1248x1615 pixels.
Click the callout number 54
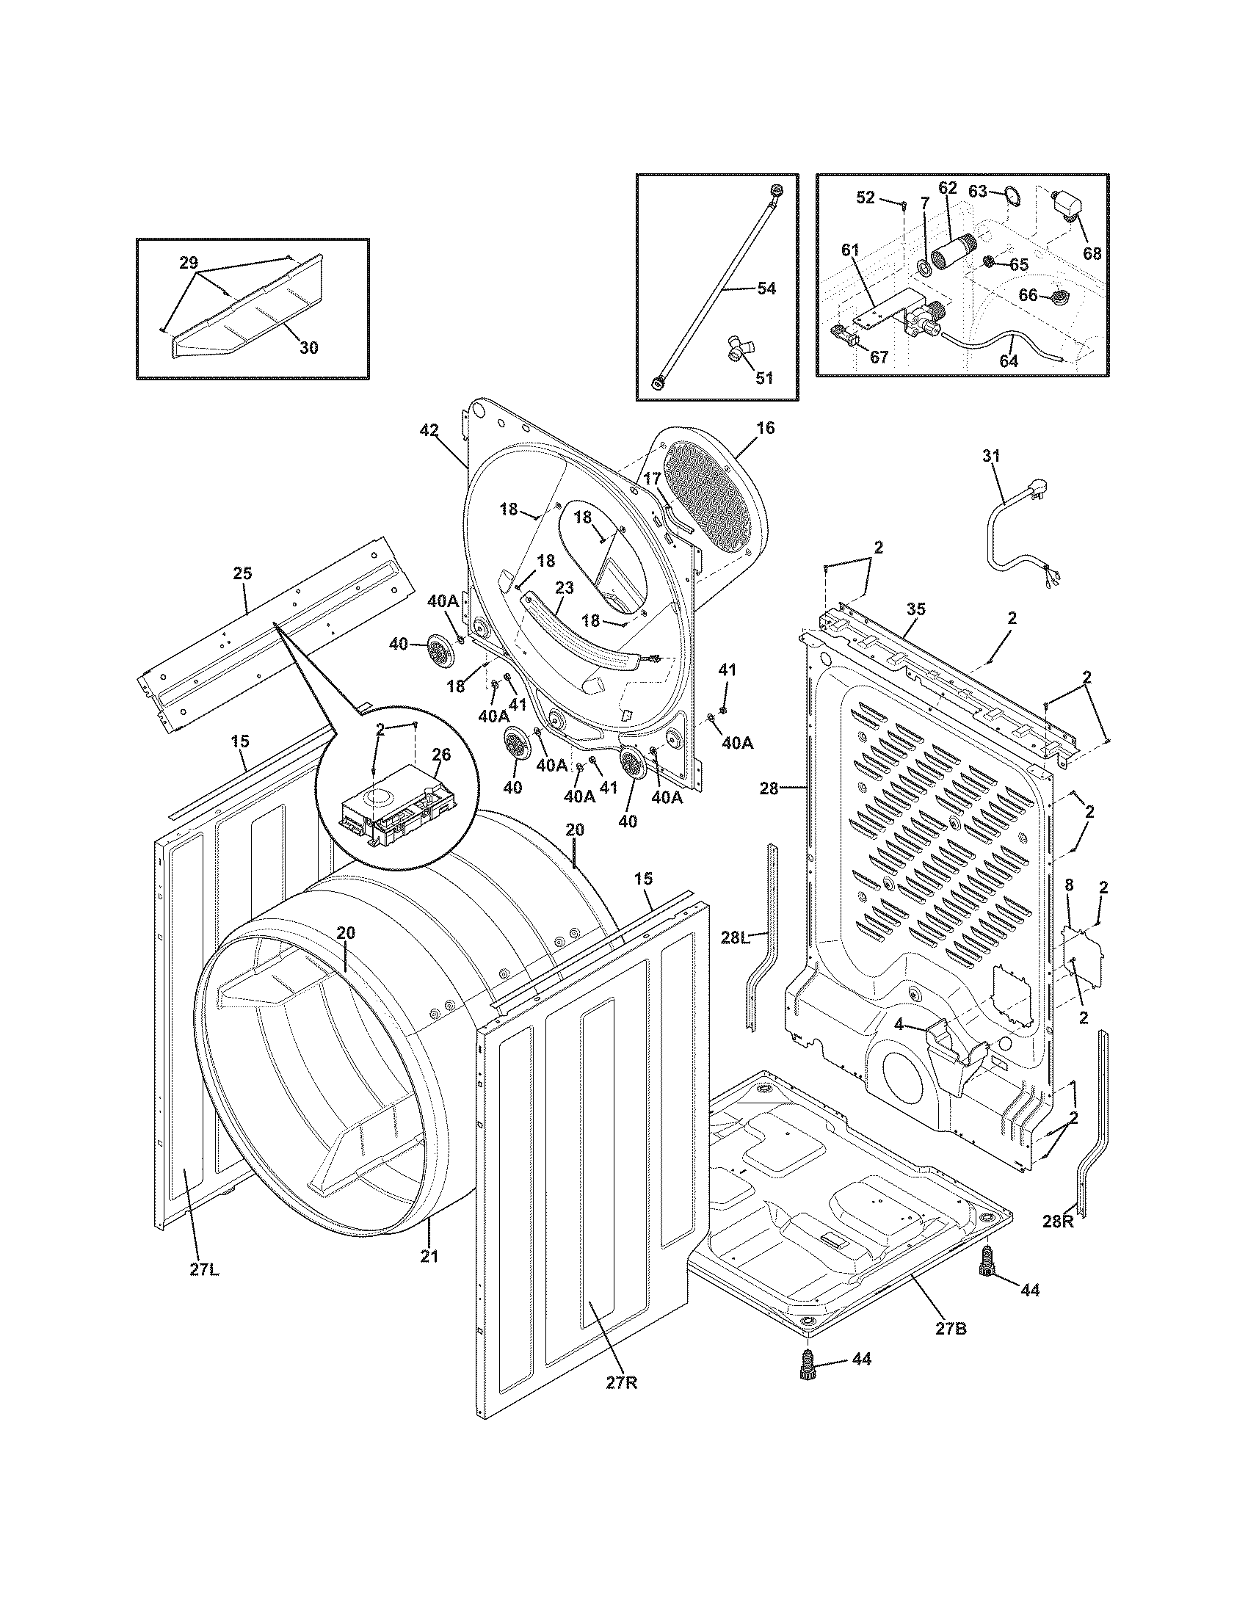pyautogui.click(x=766, y=288)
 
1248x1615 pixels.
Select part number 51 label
pyautogui.click(x=763, y=378)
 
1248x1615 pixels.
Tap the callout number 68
pyautogui.click(x=1091, y=254)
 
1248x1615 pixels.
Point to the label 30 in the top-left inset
pyautogui.click(x=308, y=346)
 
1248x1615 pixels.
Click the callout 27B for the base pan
pyautogui.click(x=951, y=1328)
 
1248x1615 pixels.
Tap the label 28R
pyautogui.click(x=1057, y=1222)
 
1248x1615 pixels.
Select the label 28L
pyautogui.click(x=736, y=938)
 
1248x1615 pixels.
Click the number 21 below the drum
pyautogui.click(x=429, y=1255)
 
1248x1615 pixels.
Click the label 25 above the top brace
pyautogui.click(x=242, y=573)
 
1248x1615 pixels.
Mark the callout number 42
pyautogui.click(x=429, y=430)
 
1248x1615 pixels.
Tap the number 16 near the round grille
pyautogui.click(x=766, y=427)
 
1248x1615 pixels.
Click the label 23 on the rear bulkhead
pyautogui.click(x=564, y=589)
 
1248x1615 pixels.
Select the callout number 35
pyautogui.click(x=915, y=609)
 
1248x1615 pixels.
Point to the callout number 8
pyautogui.click(x=1069, y=884)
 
